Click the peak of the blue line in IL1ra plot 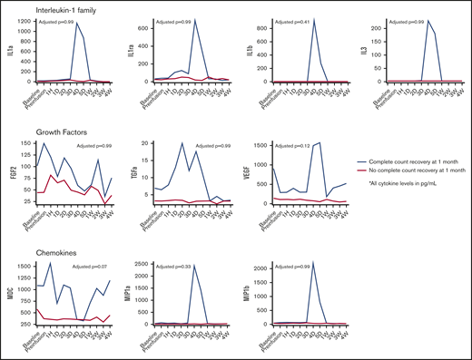[194, 21]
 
